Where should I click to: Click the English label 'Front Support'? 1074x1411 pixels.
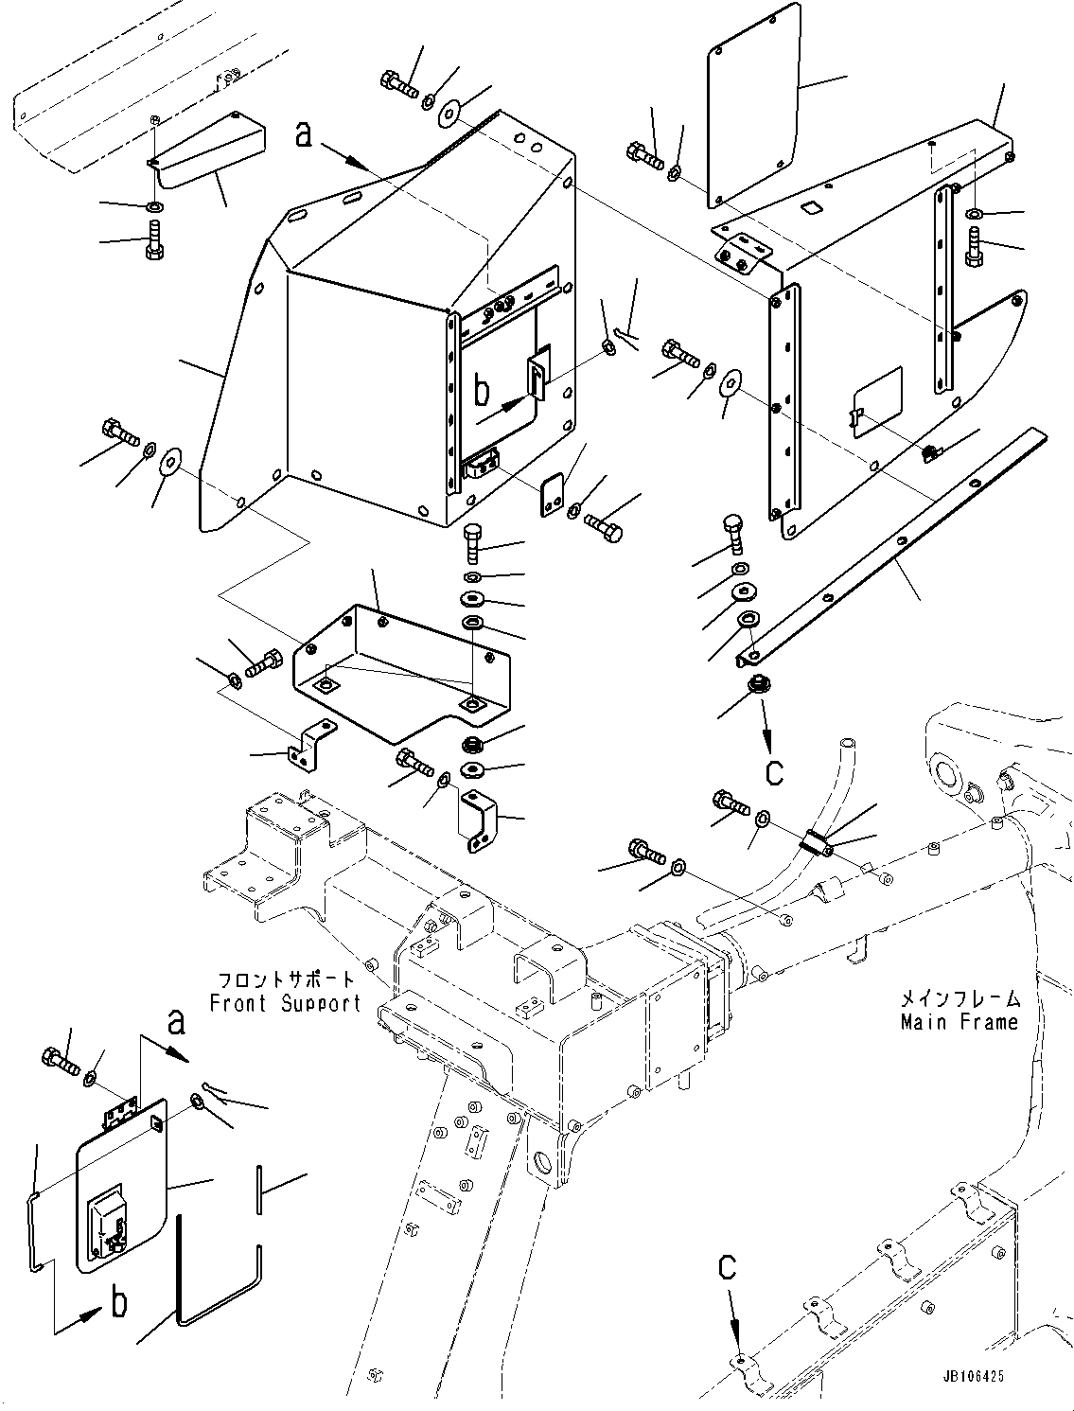[x=285, y=1003]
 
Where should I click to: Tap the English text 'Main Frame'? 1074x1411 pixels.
[x=959, y=1021]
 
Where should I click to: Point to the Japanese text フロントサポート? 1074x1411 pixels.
[x=285, y=979]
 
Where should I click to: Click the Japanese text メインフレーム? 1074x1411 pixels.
[x=959, y=998]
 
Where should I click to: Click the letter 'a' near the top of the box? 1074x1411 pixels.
[x=303, y=134]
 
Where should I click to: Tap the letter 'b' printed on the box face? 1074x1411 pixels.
[x=482, y=389]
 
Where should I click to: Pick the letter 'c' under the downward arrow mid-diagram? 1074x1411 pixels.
[x=774, y=772]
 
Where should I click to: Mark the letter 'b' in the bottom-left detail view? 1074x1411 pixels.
[x=119, y=1303]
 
